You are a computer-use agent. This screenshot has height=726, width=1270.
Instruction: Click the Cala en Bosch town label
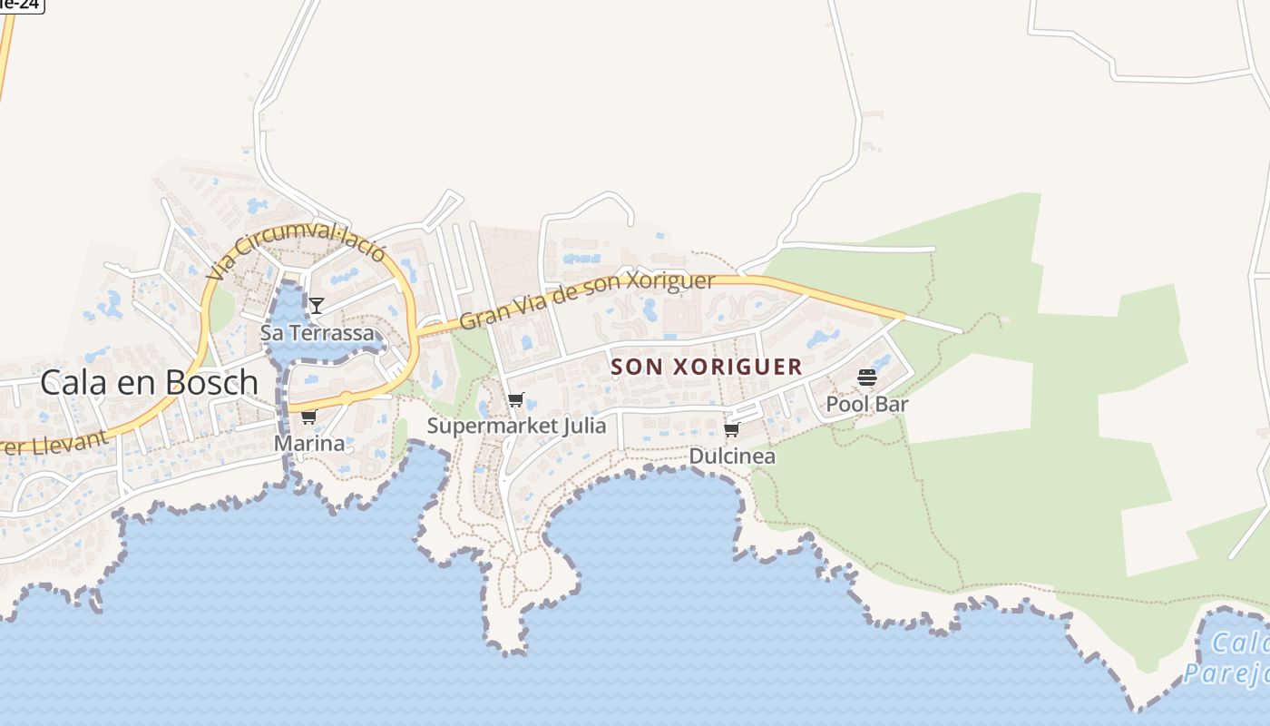[150, 383]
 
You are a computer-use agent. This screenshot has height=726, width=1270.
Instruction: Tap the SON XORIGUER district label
[707, 367]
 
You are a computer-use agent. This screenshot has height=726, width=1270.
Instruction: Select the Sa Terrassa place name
[317, 333]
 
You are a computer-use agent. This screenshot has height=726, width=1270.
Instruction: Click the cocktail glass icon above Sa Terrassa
[317, 305]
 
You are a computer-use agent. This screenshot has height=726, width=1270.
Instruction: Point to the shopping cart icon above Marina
[308, 417]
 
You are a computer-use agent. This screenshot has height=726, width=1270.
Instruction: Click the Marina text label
[309, 444]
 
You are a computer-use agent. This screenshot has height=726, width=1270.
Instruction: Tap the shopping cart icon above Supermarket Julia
[515, 399]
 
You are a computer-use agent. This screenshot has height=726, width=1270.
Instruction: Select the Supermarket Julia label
[516, 425]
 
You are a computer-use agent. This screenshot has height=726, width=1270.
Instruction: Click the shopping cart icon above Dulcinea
[731, 430]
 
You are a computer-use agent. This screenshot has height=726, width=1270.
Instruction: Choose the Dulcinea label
[732, 456]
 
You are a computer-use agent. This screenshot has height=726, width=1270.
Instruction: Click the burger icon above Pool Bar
[867, 378]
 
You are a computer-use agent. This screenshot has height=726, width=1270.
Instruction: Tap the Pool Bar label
[866, 404]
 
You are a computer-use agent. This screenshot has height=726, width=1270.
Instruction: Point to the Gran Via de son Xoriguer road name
[587, 300]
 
